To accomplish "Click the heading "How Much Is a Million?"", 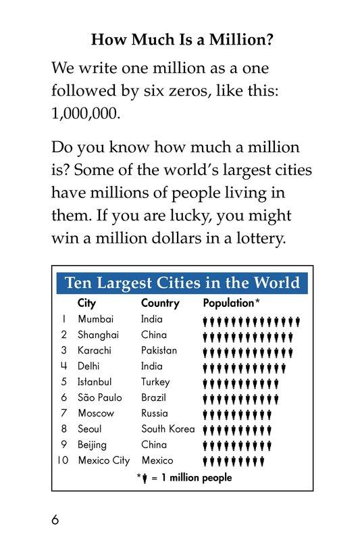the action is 182,41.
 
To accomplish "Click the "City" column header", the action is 86,303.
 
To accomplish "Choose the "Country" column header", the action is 160,303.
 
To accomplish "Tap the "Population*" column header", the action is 232,303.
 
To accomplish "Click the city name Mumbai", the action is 96,319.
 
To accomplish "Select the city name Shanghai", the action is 99,335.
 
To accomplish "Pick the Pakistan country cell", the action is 159,350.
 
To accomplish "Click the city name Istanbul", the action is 95,382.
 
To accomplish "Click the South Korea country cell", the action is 168,429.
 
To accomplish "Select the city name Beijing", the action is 92,445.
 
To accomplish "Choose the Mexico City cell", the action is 103,460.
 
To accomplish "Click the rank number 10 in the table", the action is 64,460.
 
